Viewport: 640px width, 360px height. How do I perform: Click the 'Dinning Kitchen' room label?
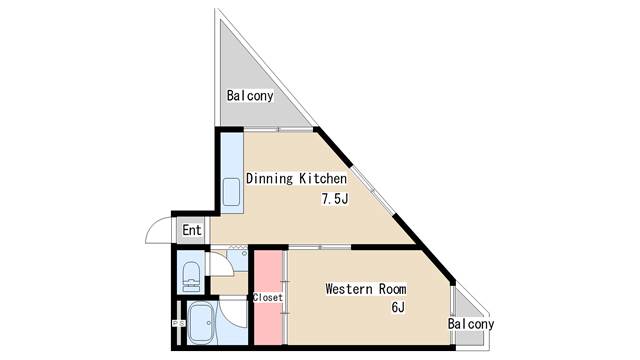[x=296, y=180]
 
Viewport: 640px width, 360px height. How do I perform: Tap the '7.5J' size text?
[x=333, y=199]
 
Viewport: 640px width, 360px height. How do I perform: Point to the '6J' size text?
[x=397, y=307]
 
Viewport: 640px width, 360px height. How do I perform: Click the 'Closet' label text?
[x=267, y=298]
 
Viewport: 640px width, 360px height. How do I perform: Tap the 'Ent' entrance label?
[x=192, y=231]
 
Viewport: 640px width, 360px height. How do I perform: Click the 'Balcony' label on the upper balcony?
[x=250, y=97]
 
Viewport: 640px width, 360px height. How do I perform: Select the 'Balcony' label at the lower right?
[x=470, y=324]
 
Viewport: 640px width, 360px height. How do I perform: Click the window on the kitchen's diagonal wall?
[x=368, y=184]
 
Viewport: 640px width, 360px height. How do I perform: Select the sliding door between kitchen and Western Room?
[x=320, y=246]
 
